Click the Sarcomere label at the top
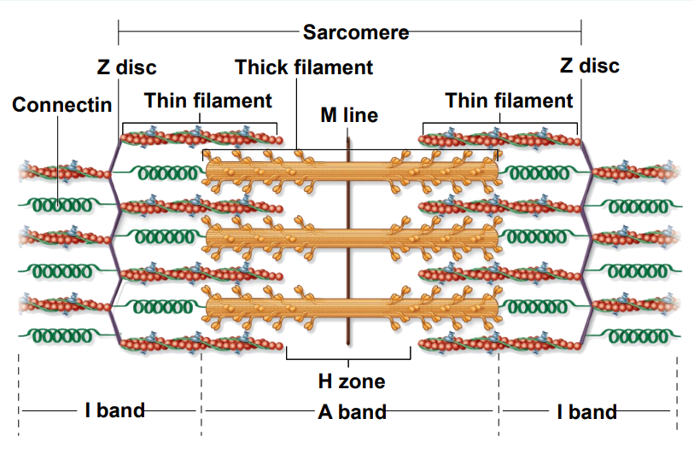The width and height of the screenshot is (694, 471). [x=355, y=33]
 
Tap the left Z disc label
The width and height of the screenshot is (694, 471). [x=126, y=67]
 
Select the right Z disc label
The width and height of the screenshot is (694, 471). [x=589, y=66]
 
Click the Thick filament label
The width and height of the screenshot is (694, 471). [x=304, y=67]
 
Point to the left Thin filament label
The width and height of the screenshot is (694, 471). [x=207, y=101]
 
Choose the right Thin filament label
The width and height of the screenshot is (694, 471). [x=509, y=101]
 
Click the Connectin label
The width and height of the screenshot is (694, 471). [x=62, y=105]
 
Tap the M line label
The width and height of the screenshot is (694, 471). [x=349, y=114]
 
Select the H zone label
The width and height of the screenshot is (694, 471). [x=352, y=381]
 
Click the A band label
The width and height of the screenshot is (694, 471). [x=352, y=412]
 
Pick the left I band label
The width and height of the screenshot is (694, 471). [x=114, y=411]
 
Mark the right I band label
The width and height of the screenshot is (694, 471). [x=586, y=412]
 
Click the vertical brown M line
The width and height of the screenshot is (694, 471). [x=349, y=256]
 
